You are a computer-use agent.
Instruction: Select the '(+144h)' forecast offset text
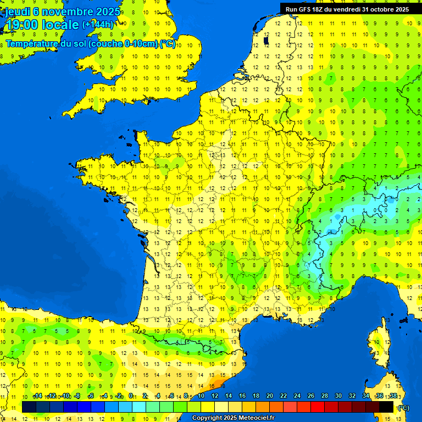click(98, 25)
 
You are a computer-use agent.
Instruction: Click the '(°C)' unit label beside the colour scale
click(403, 408)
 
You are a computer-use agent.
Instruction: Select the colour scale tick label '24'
click(297, 396)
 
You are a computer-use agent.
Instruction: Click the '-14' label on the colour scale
click(38, 396)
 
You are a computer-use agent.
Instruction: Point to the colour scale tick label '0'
click(131, 396)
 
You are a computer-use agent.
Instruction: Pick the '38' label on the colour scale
click(393, 396)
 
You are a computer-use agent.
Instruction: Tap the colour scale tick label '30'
click(338, 396)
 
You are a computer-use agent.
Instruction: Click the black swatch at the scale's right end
click(386, 407)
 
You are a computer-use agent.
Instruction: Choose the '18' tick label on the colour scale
click(256, 396)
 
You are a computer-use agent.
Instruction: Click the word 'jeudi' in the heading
click(17, 12)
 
